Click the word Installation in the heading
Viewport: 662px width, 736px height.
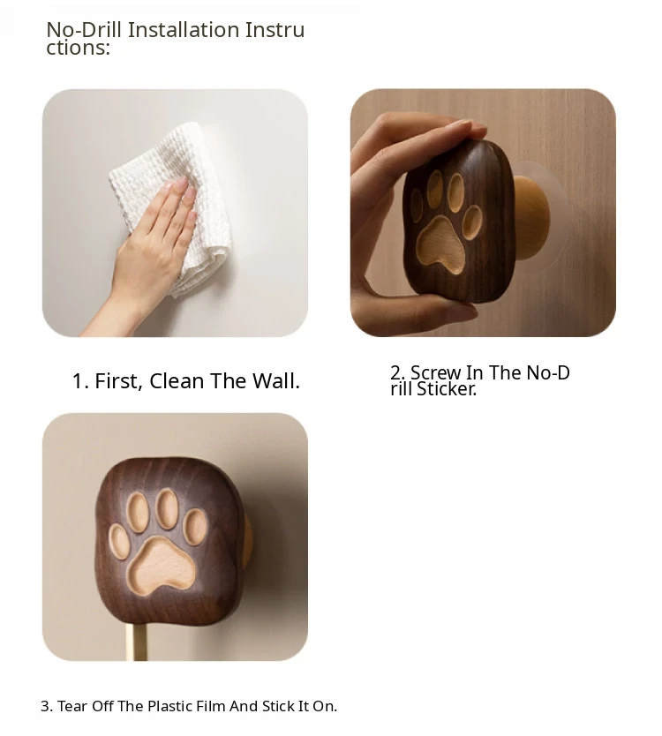[184, 30]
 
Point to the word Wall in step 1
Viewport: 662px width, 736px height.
[276, 380]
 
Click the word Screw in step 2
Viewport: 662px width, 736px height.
[436, 372]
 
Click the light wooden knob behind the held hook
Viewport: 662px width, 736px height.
[531, 217]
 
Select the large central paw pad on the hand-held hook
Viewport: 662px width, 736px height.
[440, 244]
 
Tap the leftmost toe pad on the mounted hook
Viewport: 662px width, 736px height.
[120, 542]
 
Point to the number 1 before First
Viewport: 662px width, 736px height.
[78, 381]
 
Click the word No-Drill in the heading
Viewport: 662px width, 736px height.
[84, 30]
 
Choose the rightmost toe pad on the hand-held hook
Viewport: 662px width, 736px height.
[472, 222]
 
